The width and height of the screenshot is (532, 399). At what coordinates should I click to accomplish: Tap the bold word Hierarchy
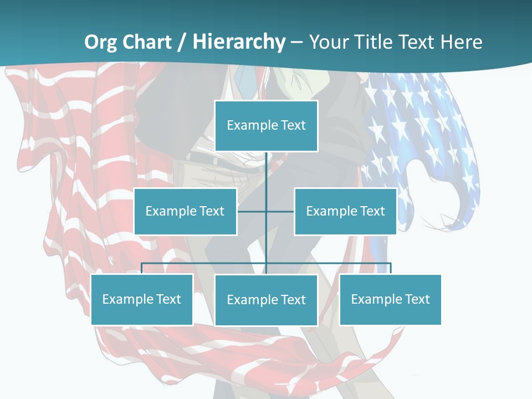click(238, 42)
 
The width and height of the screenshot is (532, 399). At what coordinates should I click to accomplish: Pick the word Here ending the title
click(461, 42)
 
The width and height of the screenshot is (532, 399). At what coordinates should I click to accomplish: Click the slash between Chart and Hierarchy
click(181, 42)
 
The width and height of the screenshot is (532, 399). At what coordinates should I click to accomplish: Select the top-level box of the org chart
click(266, 126)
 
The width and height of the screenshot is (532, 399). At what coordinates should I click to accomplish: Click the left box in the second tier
click(185, 211)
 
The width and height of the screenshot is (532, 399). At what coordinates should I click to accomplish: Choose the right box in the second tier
click(345, 211)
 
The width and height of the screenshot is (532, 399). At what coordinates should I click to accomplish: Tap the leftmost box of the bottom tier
click(142, 299)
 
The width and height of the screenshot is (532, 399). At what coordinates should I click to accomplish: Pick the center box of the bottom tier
click(266, 300)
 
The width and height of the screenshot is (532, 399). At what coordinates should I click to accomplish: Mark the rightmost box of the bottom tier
click(390, 299)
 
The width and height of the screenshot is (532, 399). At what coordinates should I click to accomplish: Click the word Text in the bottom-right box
click(417, 299)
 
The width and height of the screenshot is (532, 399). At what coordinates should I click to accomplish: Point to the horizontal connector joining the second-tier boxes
click(252, 211)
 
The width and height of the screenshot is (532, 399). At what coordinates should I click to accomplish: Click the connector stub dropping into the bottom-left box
click(142, 268)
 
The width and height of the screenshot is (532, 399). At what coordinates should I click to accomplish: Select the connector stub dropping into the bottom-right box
click(390, 268)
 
